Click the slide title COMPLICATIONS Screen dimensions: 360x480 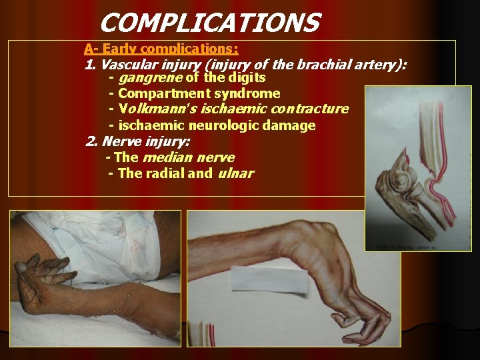pyautogui.click(x=209, y=23)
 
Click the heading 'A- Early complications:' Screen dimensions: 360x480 pyautogui.click(x=161, y=49)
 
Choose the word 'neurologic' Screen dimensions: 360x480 pyautogui.click(x=223, y=125)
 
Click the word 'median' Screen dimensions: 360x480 pyautogui.click(x=166, y=157)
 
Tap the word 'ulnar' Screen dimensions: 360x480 pyautogui.click(x=235, y=173)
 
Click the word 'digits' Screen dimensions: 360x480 pyautogui.click(x=246, y=78)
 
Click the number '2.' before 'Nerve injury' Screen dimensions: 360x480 pyautogui.click(x=92, y=141)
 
